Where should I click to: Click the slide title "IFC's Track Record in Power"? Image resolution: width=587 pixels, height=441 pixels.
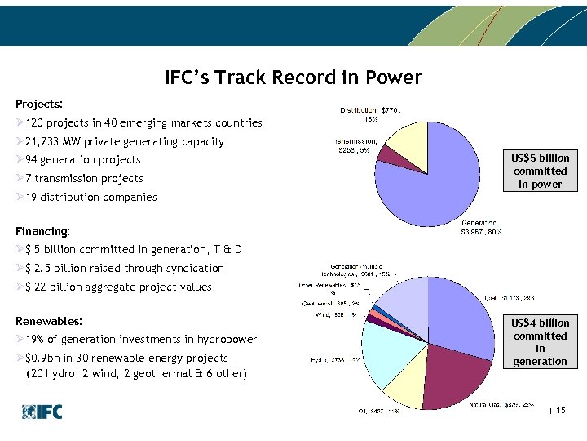tap(293, 78)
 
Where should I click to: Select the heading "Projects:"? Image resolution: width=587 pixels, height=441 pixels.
tap(39, 105)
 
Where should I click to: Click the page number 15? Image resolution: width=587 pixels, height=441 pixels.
tap(560, 410)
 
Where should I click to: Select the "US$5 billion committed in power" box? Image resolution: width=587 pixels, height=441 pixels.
tap(540, 171)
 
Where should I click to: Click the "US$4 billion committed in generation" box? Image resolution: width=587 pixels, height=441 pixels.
tap(540, 342)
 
